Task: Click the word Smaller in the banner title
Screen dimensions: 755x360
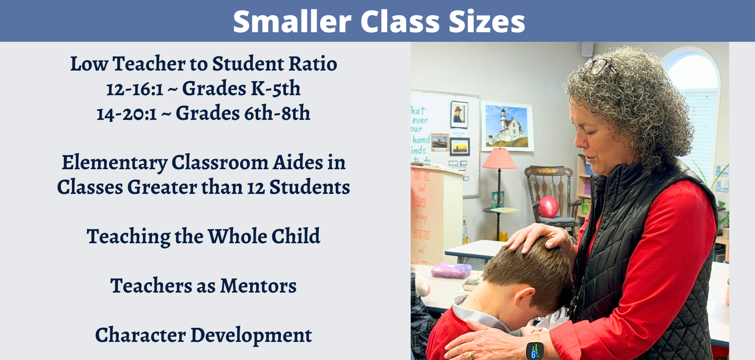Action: click(x=292, y=21)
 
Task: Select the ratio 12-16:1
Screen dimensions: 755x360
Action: click(x=135, y=89)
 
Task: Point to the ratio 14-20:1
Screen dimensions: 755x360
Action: click(x=127, y=114)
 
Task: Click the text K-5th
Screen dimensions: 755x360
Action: click(x=275, y=89)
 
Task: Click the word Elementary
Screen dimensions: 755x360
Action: click(x=115, y=164)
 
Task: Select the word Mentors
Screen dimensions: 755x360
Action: click(x=258, y=286)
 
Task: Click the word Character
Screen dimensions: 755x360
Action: click(x=140, y=335)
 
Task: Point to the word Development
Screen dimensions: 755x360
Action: click(x=252, y=336)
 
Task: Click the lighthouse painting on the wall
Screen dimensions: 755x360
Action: click(x=507, y=126)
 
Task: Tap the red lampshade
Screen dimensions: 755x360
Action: click(x=499, y=159)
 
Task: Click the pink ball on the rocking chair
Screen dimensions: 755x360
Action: click(x=549, y=206)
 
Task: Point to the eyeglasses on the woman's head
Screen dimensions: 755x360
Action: click(x=601, y=66)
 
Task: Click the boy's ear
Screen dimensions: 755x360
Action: click(x=524, y=296)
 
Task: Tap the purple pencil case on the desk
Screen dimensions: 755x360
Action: click(x=451, y=270)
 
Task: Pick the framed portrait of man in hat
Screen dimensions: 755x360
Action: click(x=459, y=115)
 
